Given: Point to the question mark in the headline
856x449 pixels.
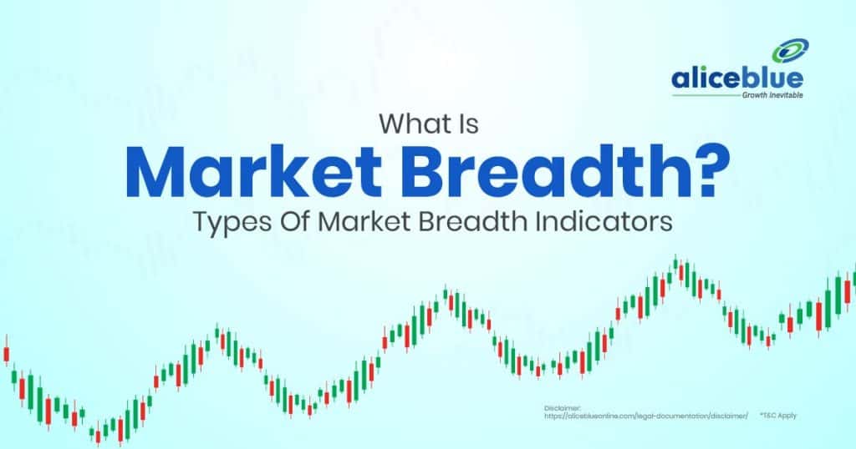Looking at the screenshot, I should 705,173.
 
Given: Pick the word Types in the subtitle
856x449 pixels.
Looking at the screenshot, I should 224,224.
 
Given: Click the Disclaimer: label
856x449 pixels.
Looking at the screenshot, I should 560,407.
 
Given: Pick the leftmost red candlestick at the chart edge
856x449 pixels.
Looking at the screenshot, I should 5,348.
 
